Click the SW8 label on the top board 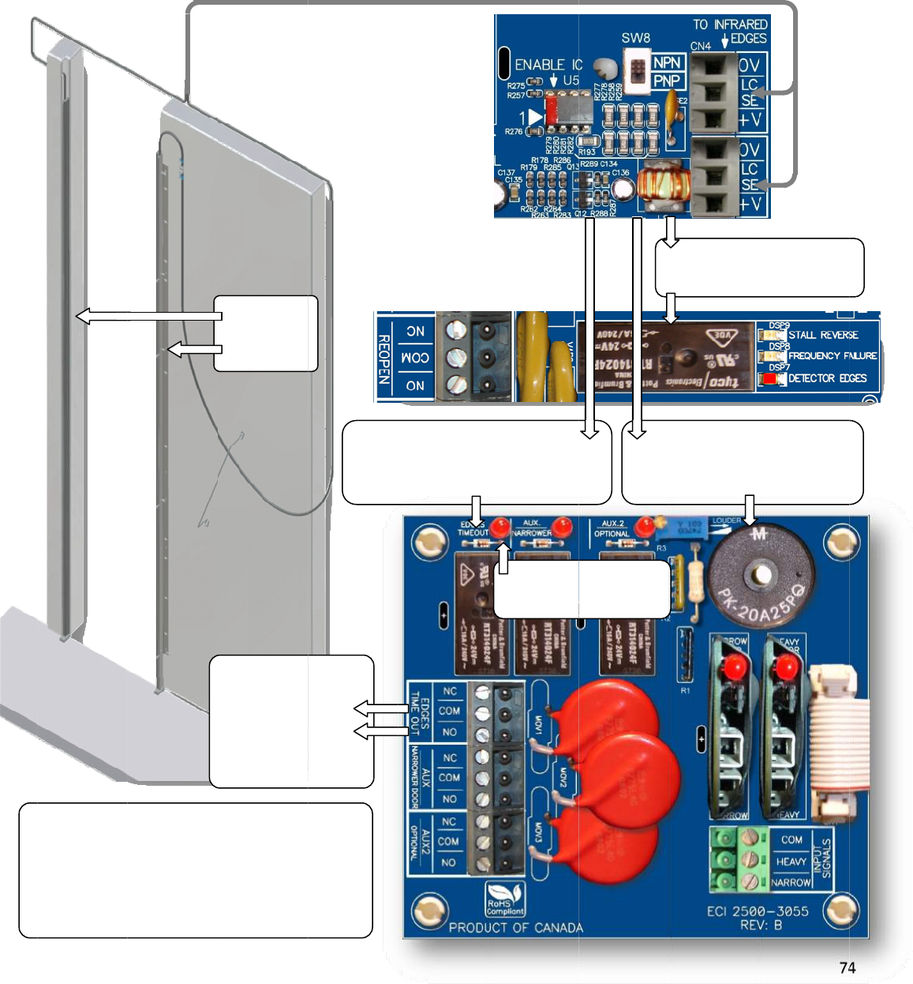point(635,38)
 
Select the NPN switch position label point(667,62)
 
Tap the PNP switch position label point(667,81)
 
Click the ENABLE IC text point(548,65)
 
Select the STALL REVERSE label point(823,335)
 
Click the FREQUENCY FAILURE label point(833,356)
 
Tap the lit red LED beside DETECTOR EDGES point(769,378)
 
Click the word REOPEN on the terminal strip point(384,359)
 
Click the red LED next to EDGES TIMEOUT point(499,526)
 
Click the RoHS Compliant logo point(505,899)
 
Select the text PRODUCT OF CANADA point(515,928)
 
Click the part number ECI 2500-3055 point(758,911)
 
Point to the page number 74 point(848,967)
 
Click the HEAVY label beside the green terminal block point(791,862)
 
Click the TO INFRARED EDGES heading point(730,31)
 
